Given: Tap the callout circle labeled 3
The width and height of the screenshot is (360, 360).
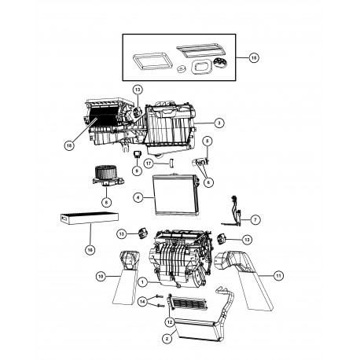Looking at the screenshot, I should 220,123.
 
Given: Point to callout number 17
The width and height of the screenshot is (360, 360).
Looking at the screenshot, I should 147,163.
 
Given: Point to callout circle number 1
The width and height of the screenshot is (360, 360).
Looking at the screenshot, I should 142,281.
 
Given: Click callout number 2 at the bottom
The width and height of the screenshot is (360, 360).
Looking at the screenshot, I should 166,340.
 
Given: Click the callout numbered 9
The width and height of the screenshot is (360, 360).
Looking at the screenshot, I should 137,170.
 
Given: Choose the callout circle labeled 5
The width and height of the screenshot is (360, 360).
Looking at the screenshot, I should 208,141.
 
